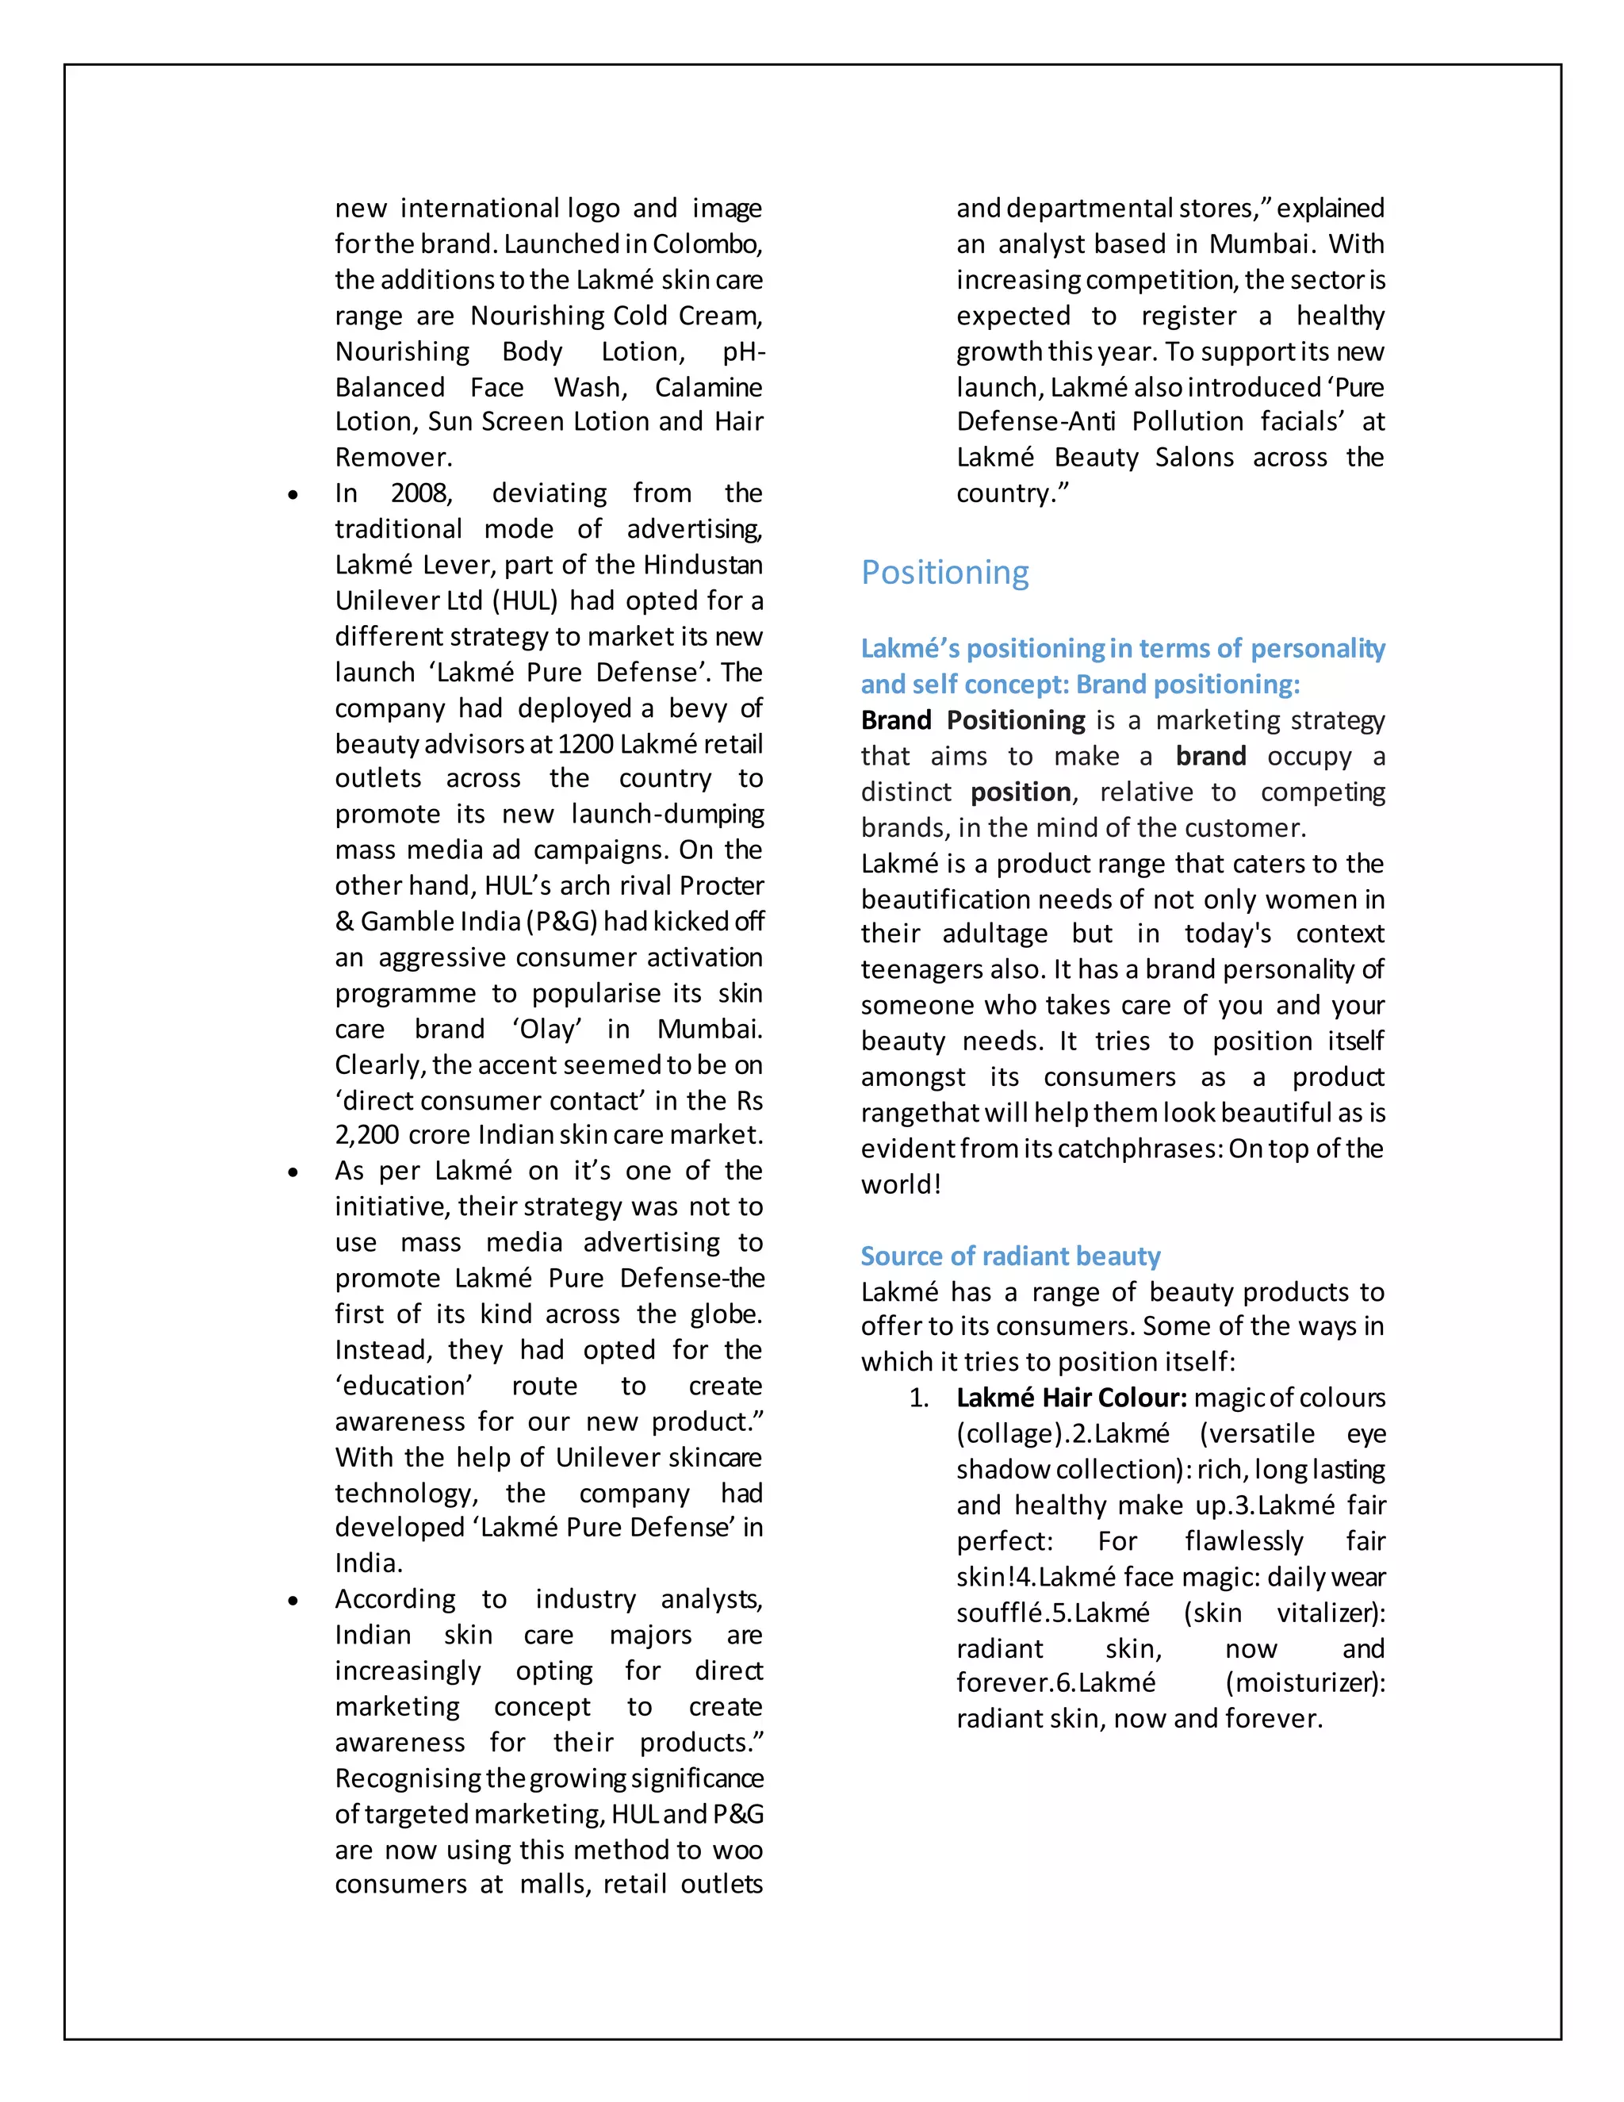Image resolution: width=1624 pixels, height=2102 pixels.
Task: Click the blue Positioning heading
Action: [x=944, y=573]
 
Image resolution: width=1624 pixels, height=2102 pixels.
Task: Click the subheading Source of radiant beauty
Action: [x=1009, y=1256]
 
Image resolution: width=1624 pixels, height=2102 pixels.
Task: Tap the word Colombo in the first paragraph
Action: [x=707, y=244]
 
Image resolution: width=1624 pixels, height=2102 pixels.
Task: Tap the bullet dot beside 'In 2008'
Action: [x=293, y=496]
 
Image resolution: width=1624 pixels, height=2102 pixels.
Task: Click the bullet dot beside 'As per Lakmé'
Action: [x=293, y=1173]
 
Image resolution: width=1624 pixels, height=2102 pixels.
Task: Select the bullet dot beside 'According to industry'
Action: [x=293, y=1601]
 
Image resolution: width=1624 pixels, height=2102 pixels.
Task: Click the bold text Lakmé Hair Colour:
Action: [x=1071, y=1398]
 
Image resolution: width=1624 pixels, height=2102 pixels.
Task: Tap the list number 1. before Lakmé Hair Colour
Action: [x=919, y=1398]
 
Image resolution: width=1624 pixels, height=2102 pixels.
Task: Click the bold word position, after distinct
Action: [x=1021, y=792]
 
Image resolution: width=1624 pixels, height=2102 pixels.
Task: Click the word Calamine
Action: [x=708, y=387]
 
